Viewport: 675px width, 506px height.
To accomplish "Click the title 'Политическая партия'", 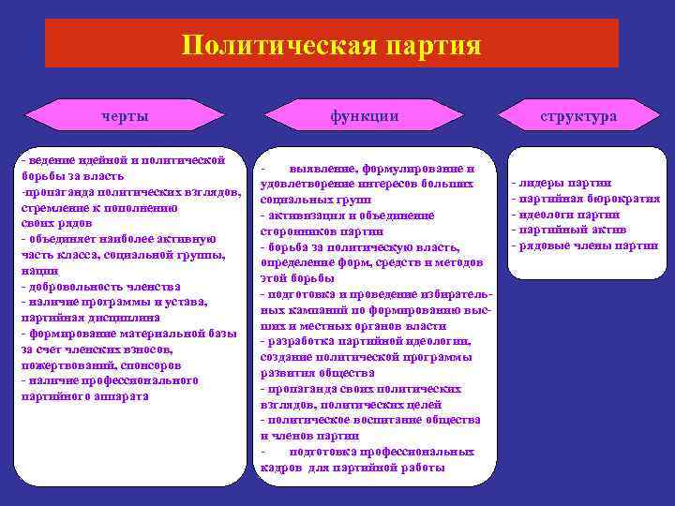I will click(x=332, y=45).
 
